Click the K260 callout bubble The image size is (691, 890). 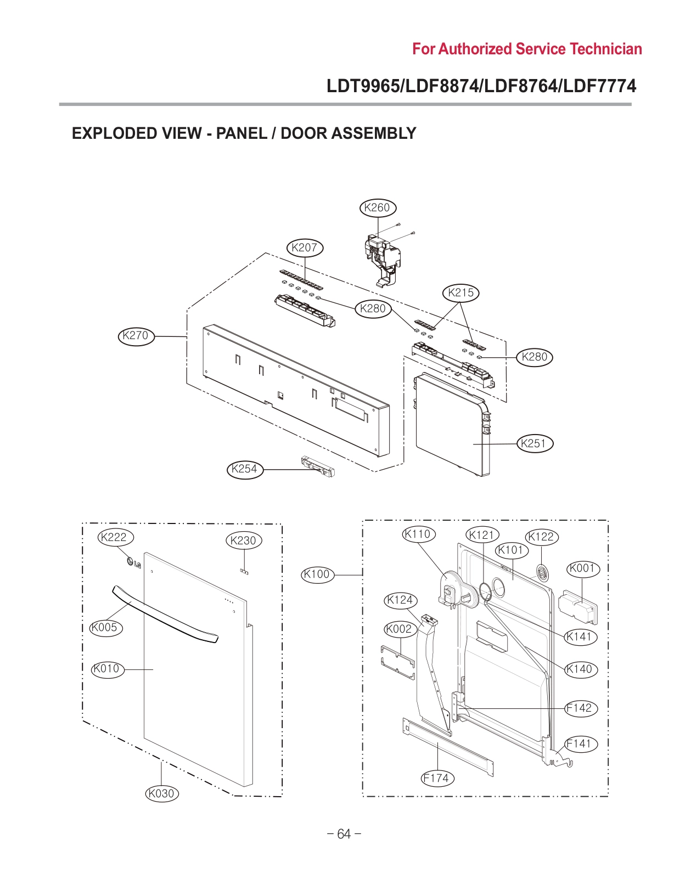(x=377, y=207)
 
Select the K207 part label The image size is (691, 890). (x=305, y=247)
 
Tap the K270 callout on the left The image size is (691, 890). (x=136, y=335)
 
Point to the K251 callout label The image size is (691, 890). (x=535, y=443)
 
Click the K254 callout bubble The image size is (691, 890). (x=244, y=469)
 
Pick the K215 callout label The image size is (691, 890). (x=460, y=292)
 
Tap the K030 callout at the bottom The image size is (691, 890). (x=162, y=793)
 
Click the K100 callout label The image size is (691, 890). (x=317, y=574)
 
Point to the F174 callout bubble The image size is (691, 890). (x=437, y=778)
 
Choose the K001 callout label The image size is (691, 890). (x=583, y=568)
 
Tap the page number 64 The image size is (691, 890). (x=344, y=834)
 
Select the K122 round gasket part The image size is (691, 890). (x=542, y=572)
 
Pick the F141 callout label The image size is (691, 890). (x=580, y=744)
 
